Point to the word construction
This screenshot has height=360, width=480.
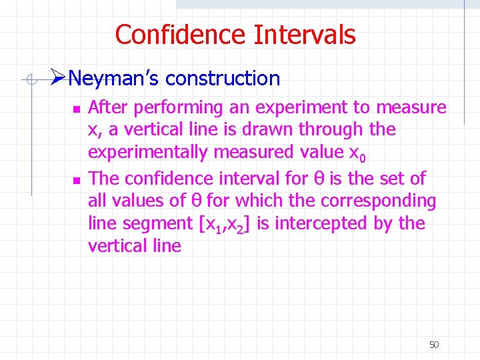(223, 79)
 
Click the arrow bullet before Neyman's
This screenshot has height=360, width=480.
(58, 78)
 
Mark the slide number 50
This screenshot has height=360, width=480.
(434, 345)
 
